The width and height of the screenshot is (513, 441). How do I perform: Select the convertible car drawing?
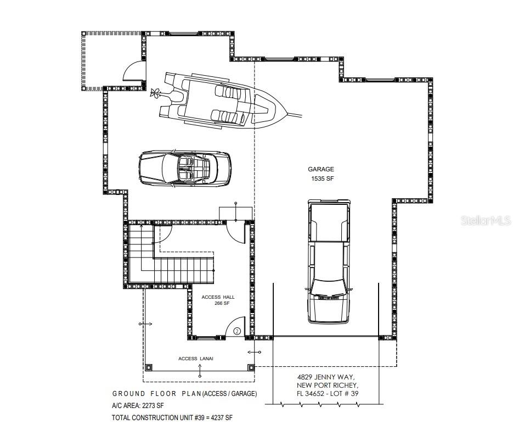(x=185, y=169)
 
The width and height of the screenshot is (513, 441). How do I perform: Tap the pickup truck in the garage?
(x=329, y=261)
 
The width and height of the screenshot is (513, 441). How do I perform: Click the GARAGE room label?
(x=321, y=169)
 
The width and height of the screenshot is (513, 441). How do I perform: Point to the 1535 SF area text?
(x=322, y=178)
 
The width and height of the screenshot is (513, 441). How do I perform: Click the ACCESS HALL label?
(x=218, y=297)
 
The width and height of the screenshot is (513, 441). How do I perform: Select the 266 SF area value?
(x=222, y=304)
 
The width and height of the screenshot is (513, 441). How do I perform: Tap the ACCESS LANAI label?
(x=196, y=359)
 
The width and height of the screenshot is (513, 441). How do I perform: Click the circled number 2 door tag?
(x=237, y=331)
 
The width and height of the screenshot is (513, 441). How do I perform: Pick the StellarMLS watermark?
(x=486, y=220)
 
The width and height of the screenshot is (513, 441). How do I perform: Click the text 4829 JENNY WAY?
(x=325, y=377)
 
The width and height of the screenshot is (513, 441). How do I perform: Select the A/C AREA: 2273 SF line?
(x=138, y=406)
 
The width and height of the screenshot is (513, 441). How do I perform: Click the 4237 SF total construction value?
(x=222, y=418)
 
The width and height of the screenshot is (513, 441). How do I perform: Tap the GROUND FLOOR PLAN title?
(x=157, y=394)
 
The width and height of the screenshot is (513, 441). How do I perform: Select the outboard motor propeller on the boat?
(x=155, y=92)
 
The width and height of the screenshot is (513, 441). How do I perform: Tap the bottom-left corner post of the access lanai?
(x=149, y=367)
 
